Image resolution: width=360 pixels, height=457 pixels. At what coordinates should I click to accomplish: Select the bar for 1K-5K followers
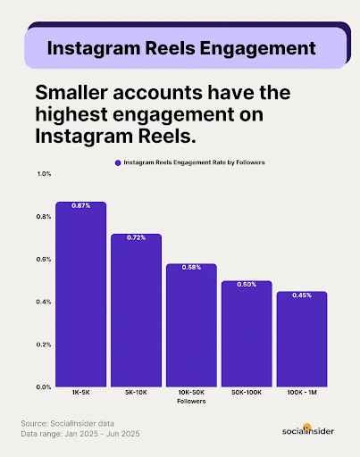point(80,295)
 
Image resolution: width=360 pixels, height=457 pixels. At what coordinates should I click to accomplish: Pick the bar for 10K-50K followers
point(191,326)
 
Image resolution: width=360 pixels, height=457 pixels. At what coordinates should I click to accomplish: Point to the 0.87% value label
point(80,206)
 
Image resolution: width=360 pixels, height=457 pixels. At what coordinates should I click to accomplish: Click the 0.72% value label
point(136,238)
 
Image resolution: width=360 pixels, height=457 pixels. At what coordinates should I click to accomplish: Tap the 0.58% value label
point(191,269)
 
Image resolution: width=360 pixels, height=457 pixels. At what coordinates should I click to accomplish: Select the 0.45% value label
point(302,296)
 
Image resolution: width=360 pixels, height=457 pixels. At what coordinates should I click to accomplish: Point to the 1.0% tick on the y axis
point(45,173)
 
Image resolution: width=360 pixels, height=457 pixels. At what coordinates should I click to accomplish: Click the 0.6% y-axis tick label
point(45,259)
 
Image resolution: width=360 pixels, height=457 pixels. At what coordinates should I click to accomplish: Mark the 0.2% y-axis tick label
point(45,345)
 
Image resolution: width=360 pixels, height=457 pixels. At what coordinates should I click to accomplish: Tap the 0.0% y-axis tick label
point(45,387)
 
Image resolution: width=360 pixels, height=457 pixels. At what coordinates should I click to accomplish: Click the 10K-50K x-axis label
point(191,394)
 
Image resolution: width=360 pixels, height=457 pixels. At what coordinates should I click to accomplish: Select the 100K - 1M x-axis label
point(302,394)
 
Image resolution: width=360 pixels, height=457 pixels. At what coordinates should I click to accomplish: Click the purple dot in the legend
point(117,162)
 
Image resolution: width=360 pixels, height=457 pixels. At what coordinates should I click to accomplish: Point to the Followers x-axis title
point(191,403)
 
